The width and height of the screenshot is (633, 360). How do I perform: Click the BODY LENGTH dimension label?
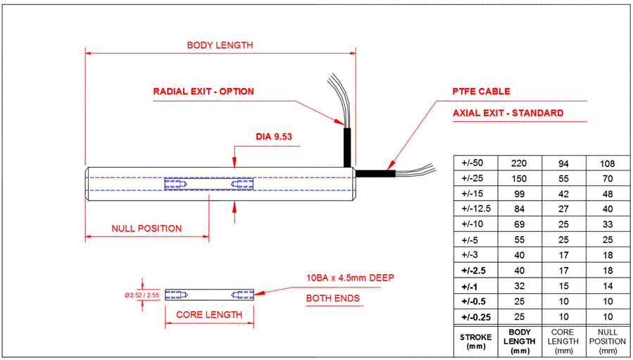(x=220, y=45)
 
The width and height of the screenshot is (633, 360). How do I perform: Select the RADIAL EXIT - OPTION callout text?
(x=203, y=92)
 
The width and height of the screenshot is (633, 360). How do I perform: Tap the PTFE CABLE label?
(x=482, y=92)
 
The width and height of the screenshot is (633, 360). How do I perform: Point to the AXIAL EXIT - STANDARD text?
(x=508, y=113)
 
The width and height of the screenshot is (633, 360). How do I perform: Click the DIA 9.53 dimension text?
(x=275, y=136)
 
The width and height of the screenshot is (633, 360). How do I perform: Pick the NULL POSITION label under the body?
(x=146, y=229)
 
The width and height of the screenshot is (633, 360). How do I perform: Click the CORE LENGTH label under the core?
(x=209, y=314)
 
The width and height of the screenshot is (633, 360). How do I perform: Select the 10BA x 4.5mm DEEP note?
(x=349, y=277)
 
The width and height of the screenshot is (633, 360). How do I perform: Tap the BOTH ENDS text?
(x=332, y=298)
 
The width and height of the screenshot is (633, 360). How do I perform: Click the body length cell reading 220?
(x=519, y=163)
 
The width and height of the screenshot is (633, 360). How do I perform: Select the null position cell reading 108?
(x=608, y=163)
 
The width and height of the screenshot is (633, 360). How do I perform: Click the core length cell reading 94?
(x=563, y=163)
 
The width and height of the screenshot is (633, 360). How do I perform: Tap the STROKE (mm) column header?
(x=475, y=342)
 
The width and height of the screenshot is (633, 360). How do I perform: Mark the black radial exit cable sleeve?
(x=347, y=147)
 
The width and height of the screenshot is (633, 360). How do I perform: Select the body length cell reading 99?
(x=519, y=192)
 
